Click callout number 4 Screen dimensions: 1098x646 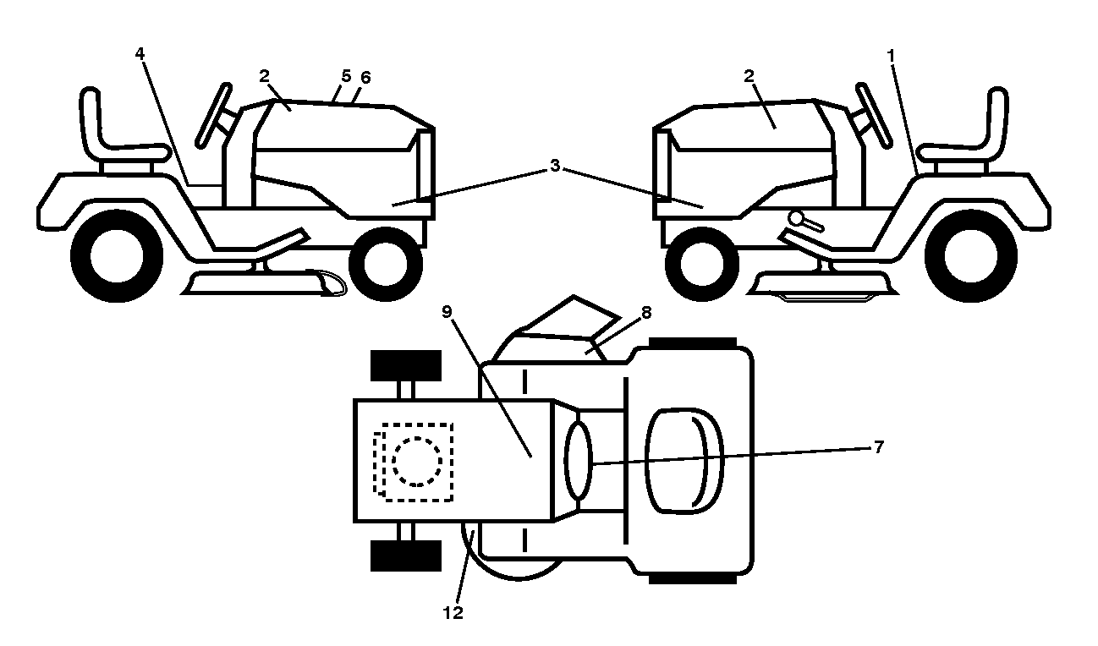tap(140, 54)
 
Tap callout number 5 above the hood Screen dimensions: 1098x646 tap(346, 76)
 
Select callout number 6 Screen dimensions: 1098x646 tap(365, 78)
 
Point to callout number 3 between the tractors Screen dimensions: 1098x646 tap(555, 166)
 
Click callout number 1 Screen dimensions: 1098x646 tap(891, 56)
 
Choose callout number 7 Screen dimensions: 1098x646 tap(879, 447)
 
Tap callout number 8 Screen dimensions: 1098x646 tap(646, 312)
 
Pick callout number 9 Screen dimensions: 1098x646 tap(447, 312)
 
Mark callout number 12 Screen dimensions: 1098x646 tap(453, 613)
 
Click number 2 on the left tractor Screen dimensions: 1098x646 tap(264, 76)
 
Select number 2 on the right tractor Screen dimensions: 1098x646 tap(749, 76)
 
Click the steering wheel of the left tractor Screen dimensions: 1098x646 tap(213, 116)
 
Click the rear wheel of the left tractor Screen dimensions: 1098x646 tap(117, 256)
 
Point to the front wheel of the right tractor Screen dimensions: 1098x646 tap(702, 264)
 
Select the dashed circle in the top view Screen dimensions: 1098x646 tap(417, 461)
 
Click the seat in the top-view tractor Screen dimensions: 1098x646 tap(685, 461)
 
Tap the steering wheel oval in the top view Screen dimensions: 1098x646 tap(579, 461)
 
